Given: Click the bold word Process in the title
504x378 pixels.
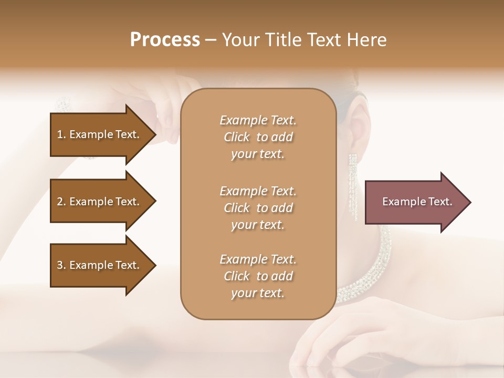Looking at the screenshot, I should (165, 40).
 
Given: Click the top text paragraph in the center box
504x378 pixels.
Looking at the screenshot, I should (258, 137).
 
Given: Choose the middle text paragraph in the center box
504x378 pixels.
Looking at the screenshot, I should (258, 208).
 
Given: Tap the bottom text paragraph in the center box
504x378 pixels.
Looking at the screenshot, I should (258, 276).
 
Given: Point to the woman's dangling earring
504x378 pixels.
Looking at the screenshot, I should (353, 184).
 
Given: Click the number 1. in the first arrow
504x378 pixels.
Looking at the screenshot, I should (61, 134).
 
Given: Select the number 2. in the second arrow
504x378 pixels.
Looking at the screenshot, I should (61, 202).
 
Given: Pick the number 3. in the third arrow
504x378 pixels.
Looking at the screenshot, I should (61, 265).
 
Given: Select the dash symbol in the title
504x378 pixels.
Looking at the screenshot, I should (211, 40).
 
